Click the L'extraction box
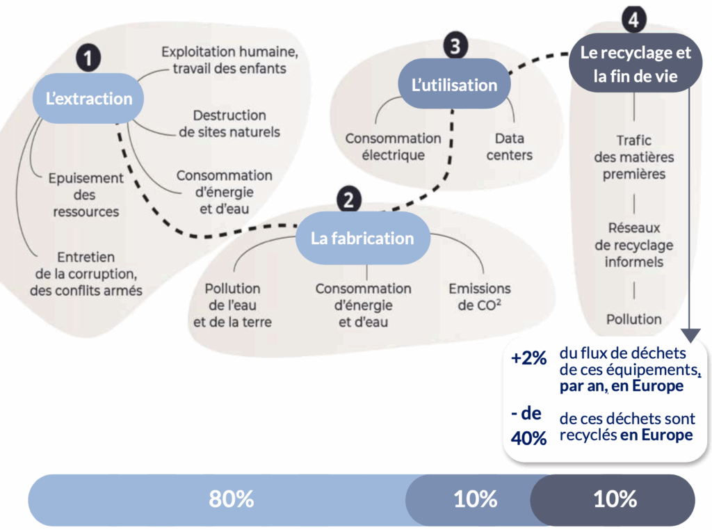(89, 98)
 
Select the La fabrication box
(362, 238)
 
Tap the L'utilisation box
(454, 85)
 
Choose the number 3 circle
(455, 46)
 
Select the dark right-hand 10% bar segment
(615, 499)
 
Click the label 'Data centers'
(510, 147)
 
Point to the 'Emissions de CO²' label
(480, 296)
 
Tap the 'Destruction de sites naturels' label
(229, 124)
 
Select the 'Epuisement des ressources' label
(86, 195)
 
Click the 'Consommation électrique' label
(394, 147)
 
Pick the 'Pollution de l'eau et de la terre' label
(233, 305)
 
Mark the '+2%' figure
(528, 360)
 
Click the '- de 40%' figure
(528, 426)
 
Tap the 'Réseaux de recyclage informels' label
(634, 245)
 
